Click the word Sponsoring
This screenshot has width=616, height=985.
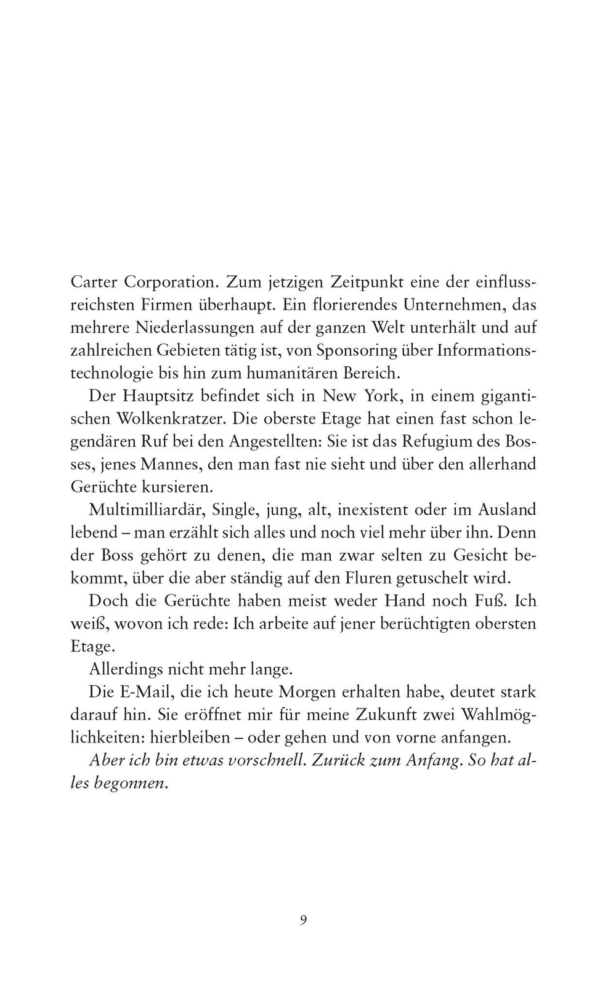click(357, 350)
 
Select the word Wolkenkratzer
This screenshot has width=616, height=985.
click(172, 419)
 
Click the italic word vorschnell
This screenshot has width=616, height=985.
click(267, 760)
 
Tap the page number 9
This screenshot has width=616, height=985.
click(303, 920)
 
